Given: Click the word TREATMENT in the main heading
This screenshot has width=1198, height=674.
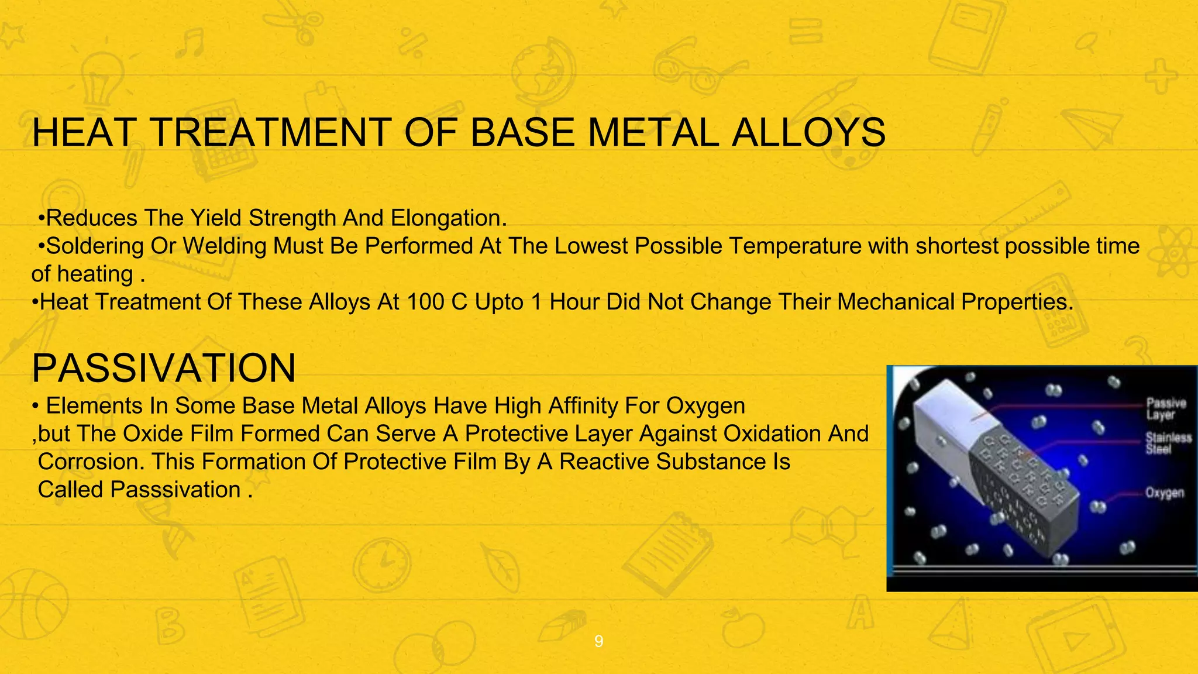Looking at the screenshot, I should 271,132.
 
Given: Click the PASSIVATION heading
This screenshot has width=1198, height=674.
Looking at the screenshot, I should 164,368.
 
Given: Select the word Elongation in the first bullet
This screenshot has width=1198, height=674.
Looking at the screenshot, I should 445,218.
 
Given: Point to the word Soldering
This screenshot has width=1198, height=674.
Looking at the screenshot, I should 95,246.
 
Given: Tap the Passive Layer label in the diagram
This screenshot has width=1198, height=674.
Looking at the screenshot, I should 1165,409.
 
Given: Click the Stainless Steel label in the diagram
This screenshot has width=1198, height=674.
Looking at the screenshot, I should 1168,443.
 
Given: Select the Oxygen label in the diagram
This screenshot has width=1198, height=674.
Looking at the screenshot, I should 1164,493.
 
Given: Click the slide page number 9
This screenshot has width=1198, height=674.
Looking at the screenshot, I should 598,642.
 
